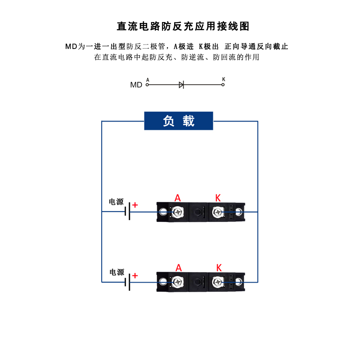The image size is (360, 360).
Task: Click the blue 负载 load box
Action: [x=178, y=121]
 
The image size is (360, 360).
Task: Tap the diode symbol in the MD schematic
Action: [x=181, y=85]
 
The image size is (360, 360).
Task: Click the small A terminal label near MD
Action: [x=148, y=80]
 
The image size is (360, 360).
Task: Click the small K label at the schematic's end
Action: [x=223, y=80]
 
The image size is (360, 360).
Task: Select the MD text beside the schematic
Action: [x=136, y=85]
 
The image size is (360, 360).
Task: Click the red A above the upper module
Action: [x=178, y=198]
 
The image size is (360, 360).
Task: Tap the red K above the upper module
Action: [x=218, y=198]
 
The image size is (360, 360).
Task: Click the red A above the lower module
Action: [x=179, y=268]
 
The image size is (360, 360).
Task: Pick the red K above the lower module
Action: [x=219, y=268]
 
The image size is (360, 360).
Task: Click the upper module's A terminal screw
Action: [x=178, y=211]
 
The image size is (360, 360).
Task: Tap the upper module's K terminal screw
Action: [x=218, y=211]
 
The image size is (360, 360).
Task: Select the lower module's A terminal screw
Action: [x=178, y=282]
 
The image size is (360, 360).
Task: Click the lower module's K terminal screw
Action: [x=218, y=282]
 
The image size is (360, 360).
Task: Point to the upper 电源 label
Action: [x=116, y=202]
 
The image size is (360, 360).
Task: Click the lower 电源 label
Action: [x=117, y=272]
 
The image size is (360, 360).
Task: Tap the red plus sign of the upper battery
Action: [x=135, y=205]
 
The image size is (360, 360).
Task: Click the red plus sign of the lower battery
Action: [x=135, y=275]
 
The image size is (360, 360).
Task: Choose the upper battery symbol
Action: [x=127, y=211]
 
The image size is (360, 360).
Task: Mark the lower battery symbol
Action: [x=127, y=282]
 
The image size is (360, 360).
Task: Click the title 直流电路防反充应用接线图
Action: [x=183, y=26]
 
